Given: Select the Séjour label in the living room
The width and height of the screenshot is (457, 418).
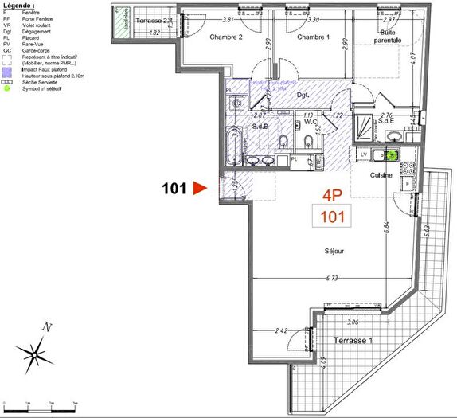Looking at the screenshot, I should [x=334, y=251].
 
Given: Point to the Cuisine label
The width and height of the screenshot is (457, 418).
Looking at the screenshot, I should [x=380, y=174].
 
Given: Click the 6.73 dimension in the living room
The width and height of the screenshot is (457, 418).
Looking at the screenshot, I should [x=333, y=279].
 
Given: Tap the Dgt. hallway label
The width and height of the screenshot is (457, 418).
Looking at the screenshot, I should [x=303, y=96].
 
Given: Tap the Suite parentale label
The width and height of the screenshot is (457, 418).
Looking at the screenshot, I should [x=387, y=35].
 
